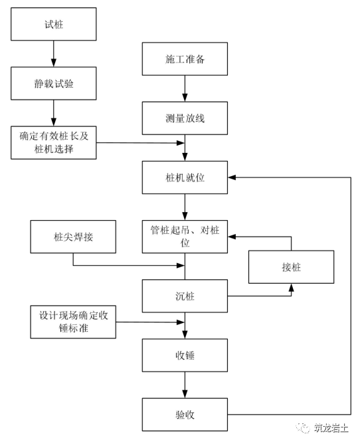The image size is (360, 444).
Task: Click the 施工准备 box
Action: coord(186,59)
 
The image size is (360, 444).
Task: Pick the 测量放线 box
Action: coord(186,118)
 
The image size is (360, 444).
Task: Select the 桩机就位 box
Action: coord(186,177)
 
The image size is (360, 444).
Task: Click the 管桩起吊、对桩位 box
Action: coord(186,237)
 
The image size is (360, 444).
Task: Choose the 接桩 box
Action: coord(291,267)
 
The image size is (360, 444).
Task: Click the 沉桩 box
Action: coord(186,295)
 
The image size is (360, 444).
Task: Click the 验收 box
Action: coord(186,414)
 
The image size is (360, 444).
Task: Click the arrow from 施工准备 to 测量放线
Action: coord(186,88)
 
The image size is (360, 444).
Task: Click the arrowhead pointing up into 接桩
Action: coord(291,288)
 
